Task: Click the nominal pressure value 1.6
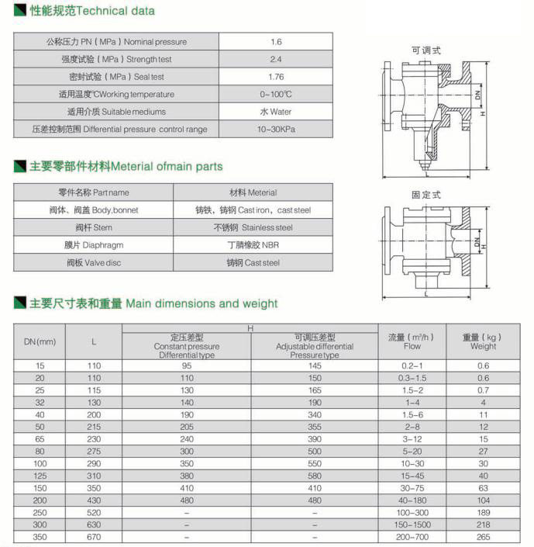pos(275,42)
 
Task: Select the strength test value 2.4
pos(275,59)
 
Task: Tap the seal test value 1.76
pos(275,77)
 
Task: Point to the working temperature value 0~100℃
pos(275,94)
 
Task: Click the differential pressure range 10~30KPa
pos(275,129)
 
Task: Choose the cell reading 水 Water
pos(275,112)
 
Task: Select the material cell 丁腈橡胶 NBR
pos(253,244)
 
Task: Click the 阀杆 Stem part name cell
pos(94,227)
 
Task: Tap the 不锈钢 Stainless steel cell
pos(253,227)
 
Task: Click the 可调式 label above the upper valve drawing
pos(425,50)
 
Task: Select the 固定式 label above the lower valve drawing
pos(425,195)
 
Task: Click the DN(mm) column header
pos(40,341)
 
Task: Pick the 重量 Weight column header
pos(483,341)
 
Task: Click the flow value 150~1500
pos(412,525)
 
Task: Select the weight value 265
pos(483,537)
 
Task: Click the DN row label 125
pos(40,476)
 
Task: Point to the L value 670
pos(95,537)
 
